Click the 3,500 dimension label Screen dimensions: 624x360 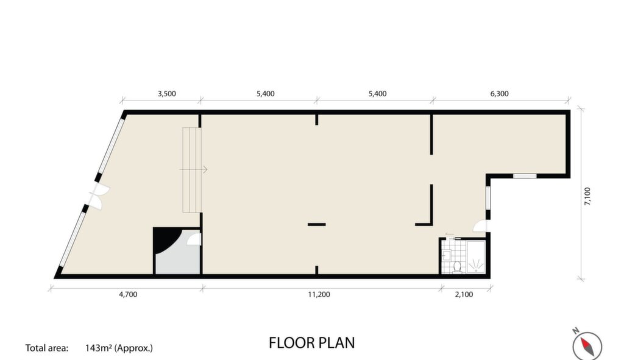pyautogui.click(x=167, y=94)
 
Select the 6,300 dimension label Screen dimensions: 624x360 pyautogui.click(x=499, y=94)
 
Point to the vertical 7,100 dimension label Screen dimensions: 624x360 pyautogui.click(x=587, y=196)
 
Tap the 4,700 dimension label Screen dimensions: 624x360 pyautogui.click(x=128, y=295)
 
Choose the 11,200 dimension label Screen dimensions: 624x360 pyautogui.click(x=319, y=295)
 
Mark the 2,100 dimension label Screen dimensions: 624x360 pyautogui.click(x=464, y=295)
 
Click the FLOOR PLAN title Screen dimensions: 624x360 pyautogui.click(x=311, y=343)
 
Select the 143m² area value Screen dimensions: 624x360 pyautogui.click(x=98, y=348)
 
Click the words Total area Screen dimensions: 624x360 pyautogui.click(x=46, y=348)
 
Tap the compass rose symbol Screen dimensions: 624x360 pyautogui.click(x=587, y=345)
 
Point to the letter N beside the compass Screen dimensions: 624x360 pyautogui.click(x=575, y=331)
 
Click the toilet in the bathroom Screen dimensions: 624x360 pyautogui.click(x=457, y=267)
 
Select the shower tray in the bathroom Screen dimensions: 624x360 pyautogui.click(x=476, y=257)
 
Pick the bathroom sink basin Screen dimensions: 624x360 pyautogui.click(x=447, y=255)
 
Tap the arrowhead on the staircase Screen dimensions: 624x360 pyautogui.click(x=205, y=170)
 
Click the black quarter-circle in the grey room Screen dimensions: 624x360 pyautogui.click(x=165, y=239)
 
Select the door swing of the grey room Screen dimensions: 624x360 pyautogui.click(x=194, y=239)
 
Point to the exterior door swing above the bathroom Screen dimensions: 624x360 pyautogui.click(x=480, y=227)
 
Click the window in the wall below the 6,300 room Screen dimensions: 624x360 pyautogui.click(x=525, y=176)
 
